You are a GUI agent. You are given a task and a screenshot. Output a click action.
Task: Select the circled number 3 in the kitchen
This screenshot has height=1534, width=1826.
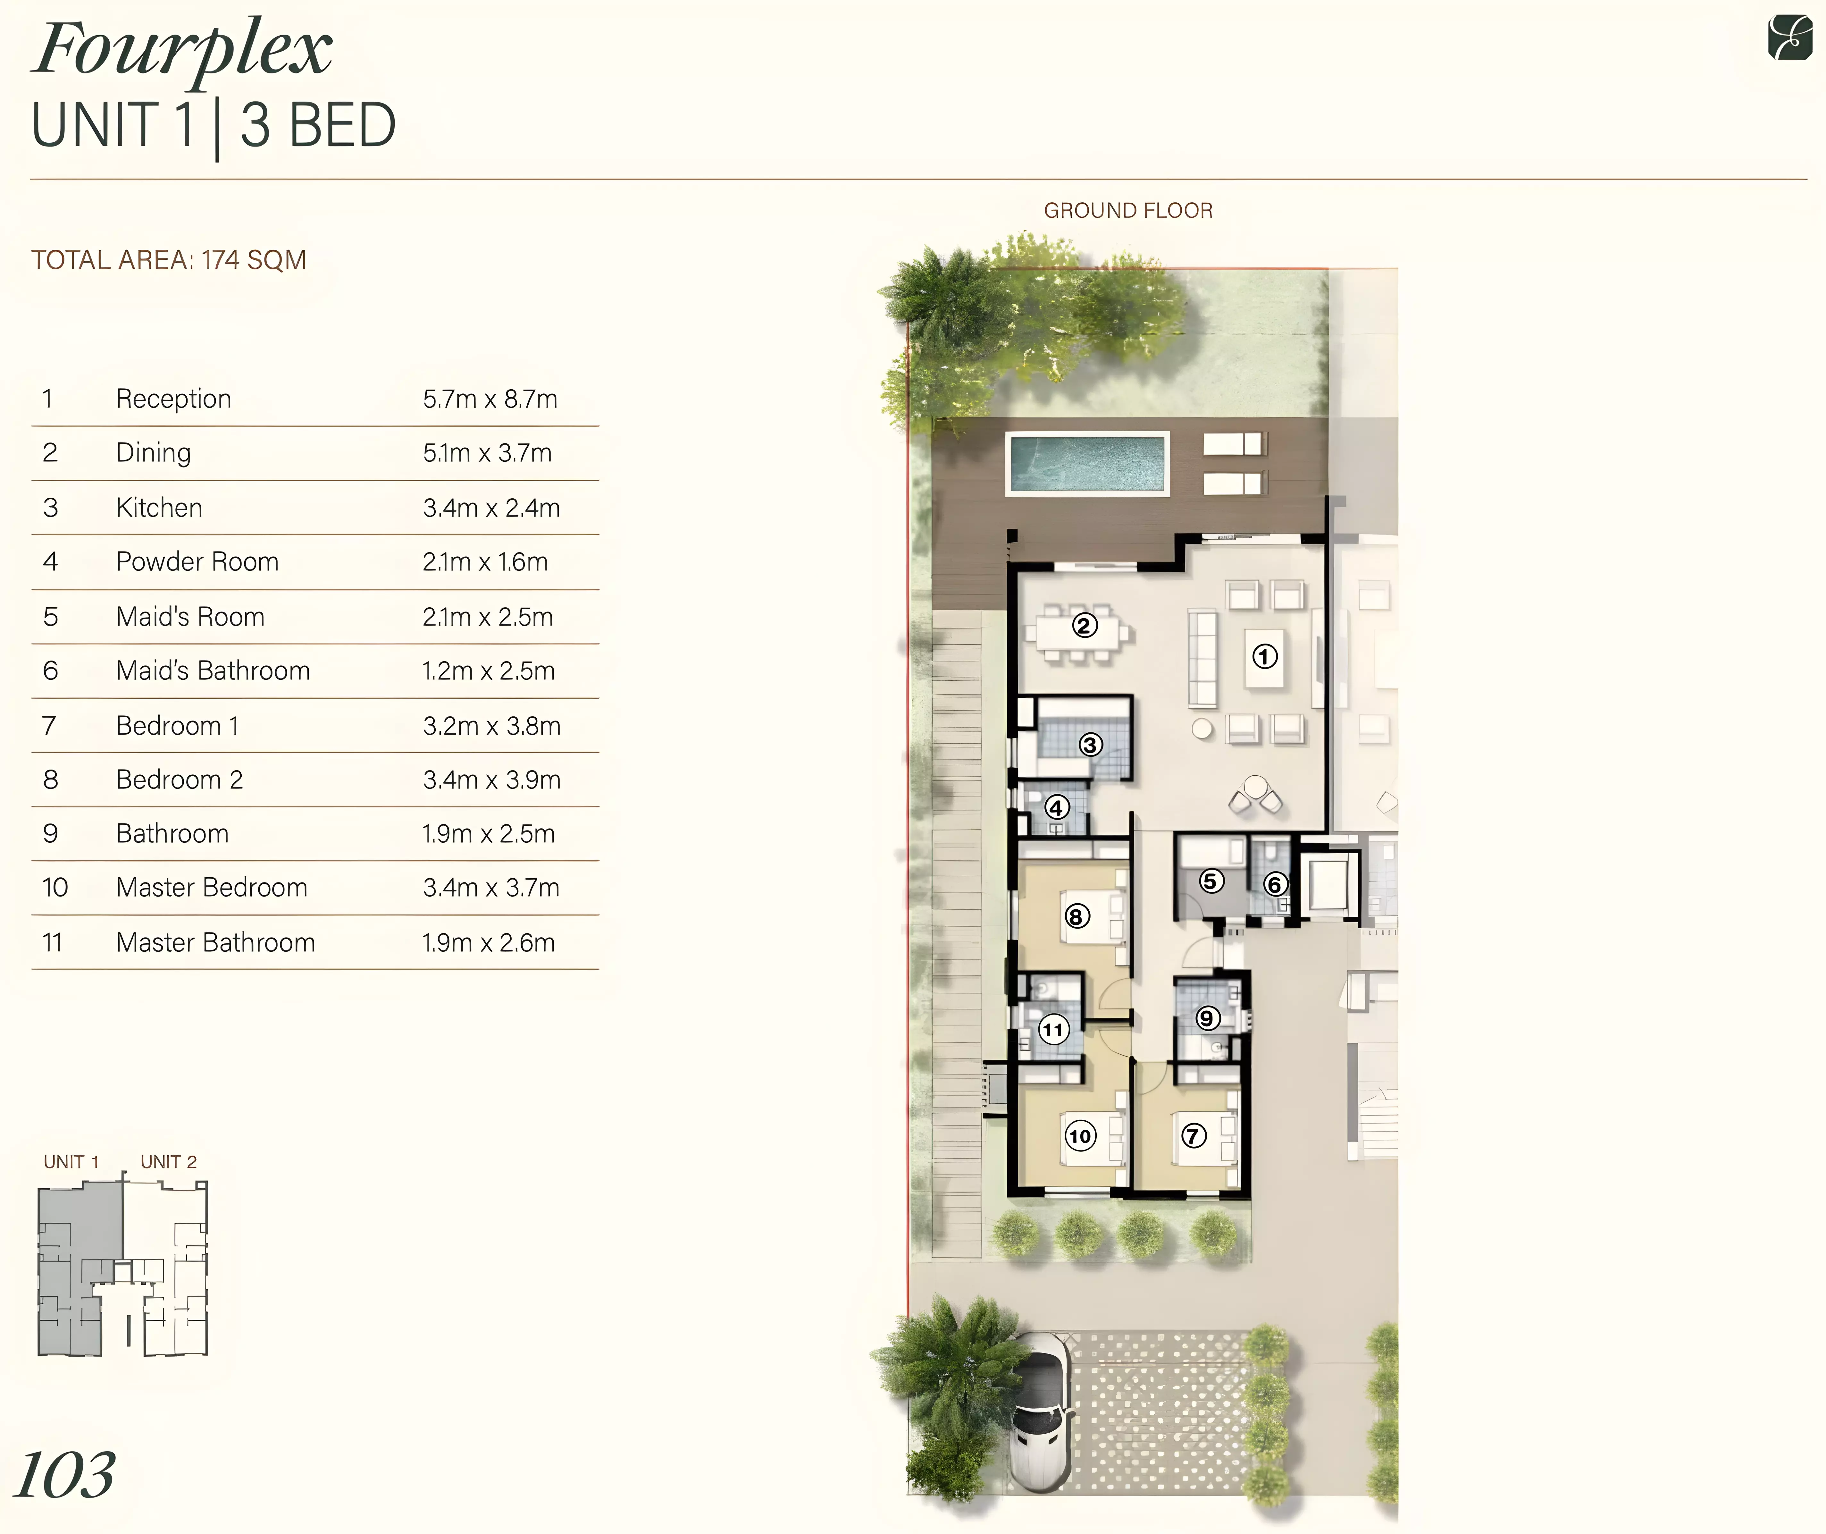1090,744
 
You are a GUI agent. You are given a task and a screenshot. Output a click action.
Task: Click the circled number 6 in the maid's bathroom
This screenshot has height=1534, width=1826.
1275,884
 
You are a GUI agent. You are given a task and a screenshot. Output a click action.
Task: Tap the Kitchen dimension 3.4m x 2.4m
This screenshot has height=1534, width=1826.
491,508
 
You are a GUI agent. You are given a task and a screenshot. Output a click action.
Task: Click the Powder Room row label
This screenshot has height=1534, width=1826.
197,562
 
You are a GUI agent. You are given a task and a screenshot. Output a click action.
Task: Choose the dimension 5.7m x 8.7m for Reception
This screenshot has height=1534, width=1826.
490,399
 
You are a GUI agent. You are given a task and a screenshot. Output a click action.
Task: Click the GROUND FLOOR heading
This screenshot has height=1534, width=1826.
1128,210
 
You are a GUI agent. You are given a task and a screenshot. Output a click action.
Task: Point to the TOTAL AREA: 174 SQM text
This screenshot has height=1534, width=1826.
169,260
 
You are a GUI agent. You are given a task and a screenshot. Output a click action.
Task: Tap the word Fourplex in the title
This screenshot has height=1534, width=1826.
183,50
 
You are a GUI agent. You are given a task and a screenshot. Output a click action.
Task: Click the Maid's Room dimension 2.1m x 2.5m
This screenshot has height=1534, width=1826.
488,617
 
